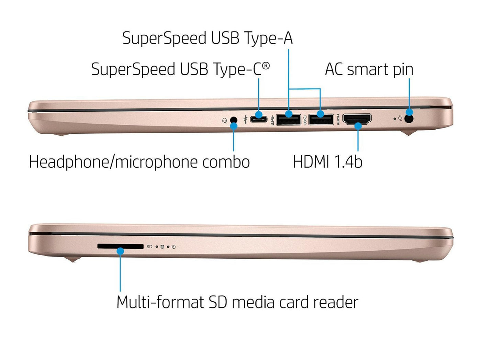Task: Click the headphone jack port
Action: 234,120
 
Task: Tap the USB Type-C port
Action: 258,120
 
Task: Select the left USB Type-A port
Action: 288,120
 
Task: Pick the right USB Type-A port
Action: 321,120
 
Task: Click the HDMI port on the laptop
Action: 357,119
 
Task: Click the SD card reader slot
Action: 120,246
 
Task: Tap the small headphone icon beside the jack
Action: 224,120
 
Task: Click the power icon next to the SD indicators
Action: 174,247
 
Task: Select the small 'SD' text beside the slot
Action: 149,247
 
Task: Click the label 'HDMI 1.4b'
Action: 327,162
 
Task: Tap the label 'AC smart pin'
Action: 369,69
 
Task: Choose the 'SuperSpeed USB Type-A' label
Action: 208,38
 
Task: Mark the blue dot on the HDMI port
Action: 358,126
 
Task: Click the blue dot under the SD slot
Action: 120,251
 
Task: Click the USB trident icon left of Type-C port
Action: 245,120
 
